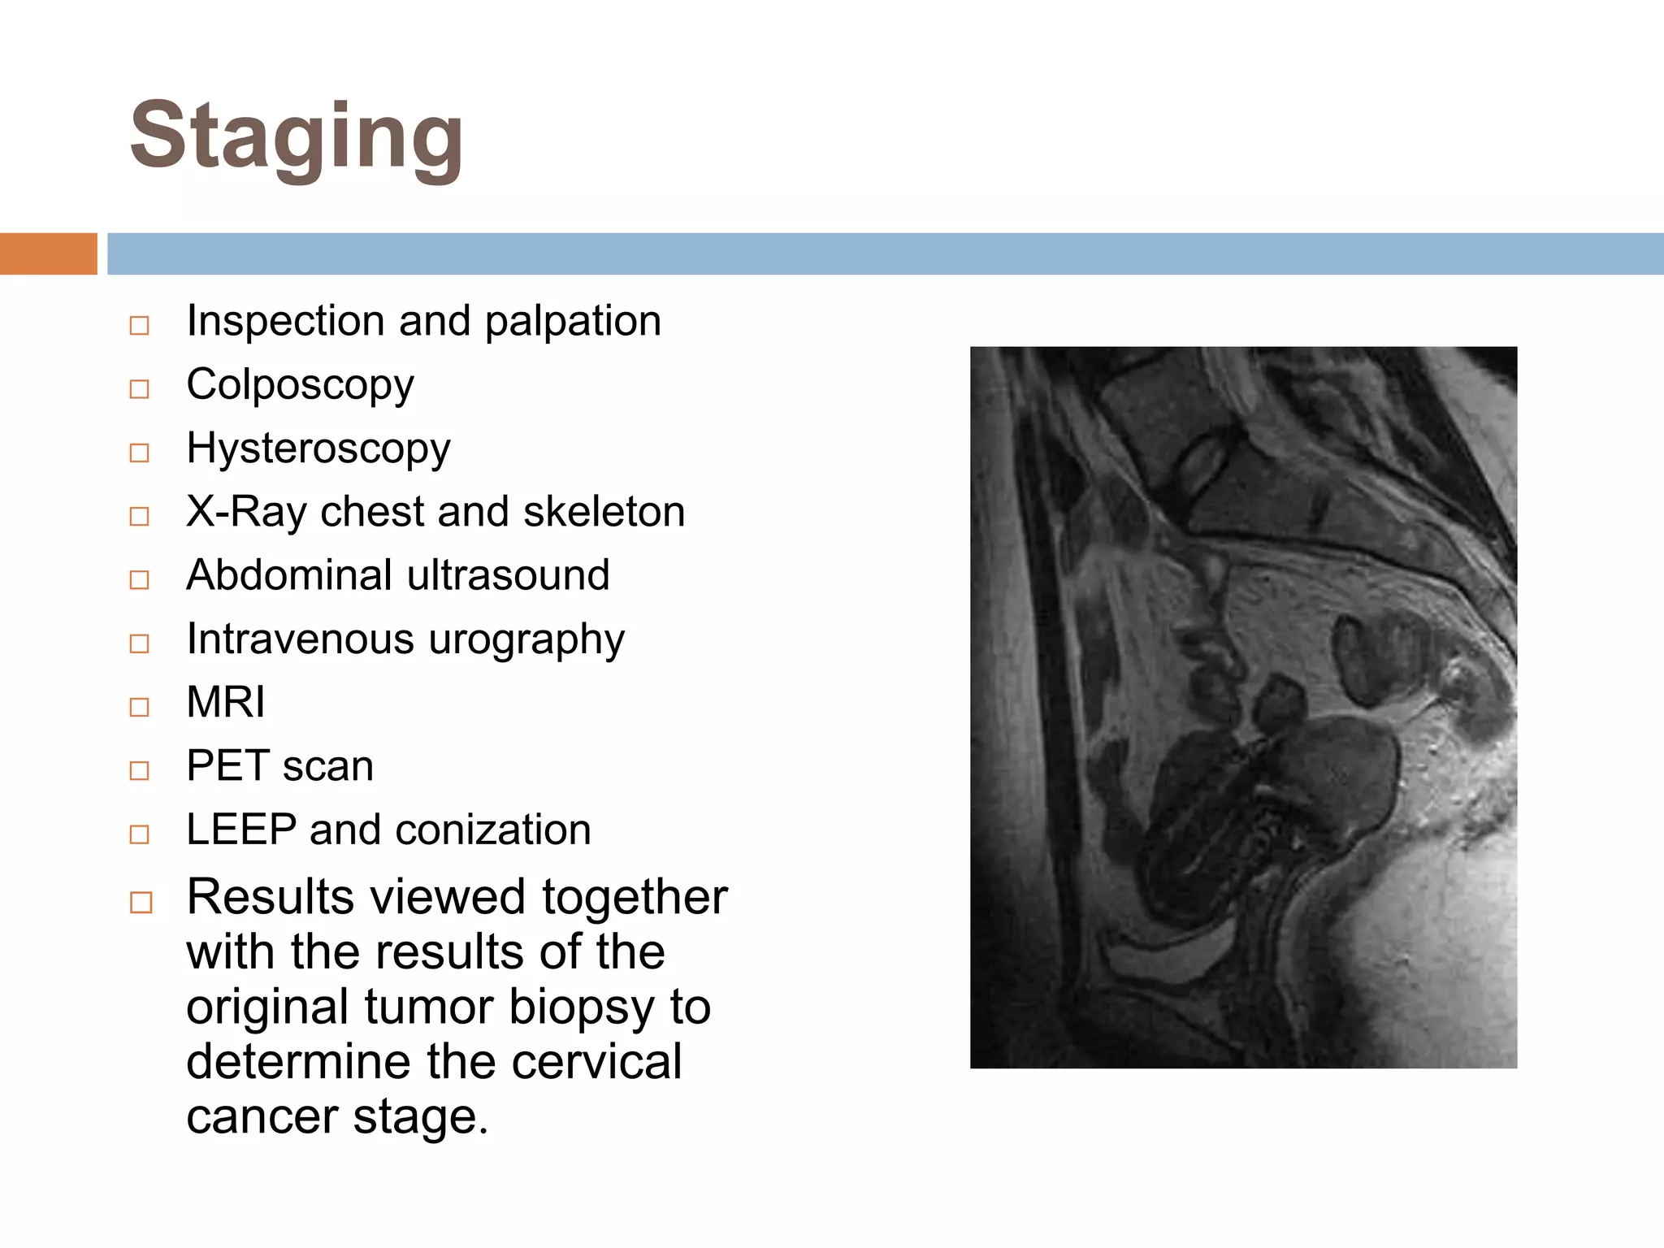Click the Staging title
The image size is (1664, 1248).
tap(297, 136)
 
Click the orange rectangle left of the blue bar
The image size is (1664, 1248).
tap(48, 253)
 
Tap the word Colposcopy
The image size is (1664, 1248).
tap(300, 385)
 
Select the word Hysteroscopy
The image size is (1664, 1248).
tap(318, 448)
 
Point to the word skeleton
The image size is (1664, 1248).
tap(604, 512)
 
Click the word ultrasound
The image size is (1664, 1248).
tap(508, 575)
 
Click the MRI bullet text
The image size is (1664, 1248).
tap(225, 702)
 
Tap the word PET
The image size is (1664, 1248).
tap(227, 765)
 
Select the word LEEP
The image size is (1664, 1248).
tap(241, 830)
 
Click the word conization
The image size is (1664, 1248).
tap(493, 830)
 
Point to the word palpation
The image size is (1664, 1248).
tap(573, 321)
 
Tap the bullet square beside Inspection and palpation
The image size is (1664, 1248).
tap(140, 326)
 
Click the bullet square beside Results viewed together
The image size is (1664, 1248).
tap(141, 903)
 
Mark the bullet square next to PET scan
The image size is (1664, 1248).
tap(140, 770)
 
